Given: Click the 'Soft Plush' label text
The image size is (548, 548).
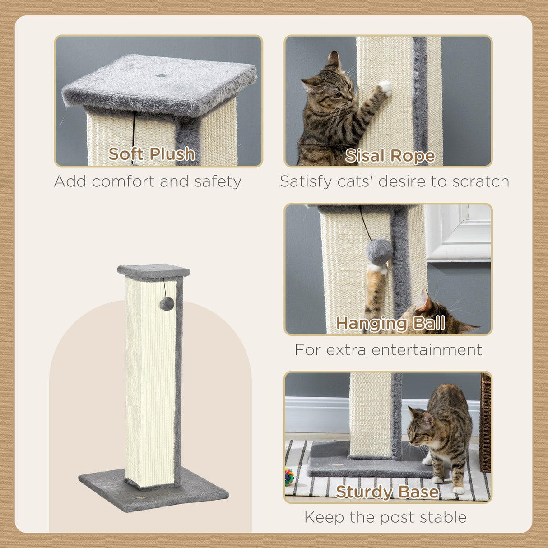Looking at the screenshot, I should click(152, 154).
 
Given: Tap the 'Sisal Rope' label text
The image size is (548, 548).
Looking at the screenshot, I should click(390, 156).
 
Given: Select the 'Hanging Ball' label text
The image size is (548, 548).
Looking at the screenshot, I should click(390, 323).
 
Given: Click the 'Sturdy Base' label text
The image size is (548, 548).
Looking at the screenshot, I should click(387, 492).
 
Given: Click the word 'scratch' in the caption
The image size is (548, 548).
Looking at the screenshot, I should click(481, 181).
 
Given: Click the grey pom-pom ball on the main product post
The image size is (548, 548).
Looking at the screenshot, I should click(167, 304).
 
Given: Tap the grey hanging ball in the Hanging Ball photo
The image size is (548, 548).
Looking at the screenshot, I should click(379, 252).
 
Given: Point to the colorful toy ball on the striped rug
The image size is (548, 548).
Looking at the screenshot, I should click(289, 476).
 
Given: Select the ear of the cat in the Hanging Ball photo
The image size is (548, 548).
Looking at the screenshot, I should click(423, 301).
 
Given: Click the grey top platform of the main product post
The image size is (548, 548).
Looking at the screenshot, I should click(153, 270).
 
